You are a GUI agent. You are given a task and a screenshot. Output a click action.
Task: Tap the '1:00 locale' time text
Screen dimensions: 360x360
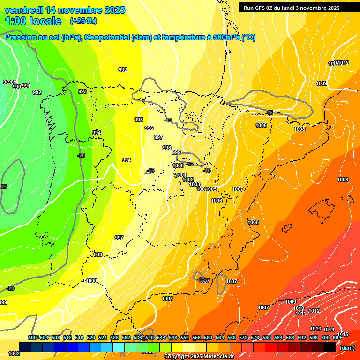coord(33,21)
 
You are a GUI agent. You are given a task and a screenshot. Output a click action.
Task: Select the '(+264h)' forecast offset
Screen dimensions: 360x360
coord(83,21)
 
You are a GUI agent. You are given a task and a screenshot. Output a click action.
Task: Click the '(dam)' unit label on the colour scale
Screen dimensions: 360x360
coord(347,348)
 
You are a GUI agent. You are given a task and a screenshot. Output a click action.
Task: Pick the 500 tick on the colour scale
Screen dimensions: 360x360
coord(32,337)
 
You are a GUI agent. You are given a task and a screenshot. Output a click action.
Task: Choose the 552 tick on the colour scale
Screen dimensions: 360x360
coord(184,337)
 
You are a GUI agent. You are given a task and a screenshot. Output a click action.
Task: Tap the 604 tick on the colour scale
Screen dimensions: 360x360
coord(337,337)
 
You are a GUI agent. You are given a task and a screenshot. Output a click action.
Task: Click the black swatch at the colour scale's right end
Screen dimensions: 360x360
coord(330,347)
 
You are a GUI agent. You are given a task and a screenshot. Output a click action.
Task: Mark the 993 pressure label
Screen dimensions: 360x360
coord(82,91)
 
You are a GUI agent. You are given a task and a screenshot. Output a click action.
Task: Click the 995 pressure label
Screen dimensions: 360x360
coord(139,120)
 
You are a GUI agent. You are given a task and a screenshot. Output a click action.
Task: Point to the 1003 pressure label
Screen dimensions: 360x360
coord(195,184)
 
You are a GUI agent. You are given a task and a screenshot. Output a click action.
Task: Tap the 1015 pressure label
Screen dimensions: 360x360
coord(343,334)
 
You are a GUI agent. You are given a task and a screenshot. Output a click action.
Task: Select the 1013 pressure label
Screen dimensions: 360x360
coord(315,329)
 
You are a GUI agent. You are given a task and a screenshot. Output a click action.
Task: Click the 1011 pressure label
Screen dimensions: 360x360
coord(300,313)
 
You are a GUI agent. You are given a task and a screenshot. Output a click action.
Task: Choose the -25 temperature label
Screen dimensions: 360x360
coord(4,187)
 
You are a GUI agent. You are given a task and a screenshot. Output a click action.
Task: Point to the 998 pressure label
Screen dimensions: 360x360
coord(167,148)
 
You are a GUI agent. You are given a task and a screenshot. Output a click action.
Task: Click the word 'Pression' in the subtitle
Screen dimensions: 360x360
coord(19,37)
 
